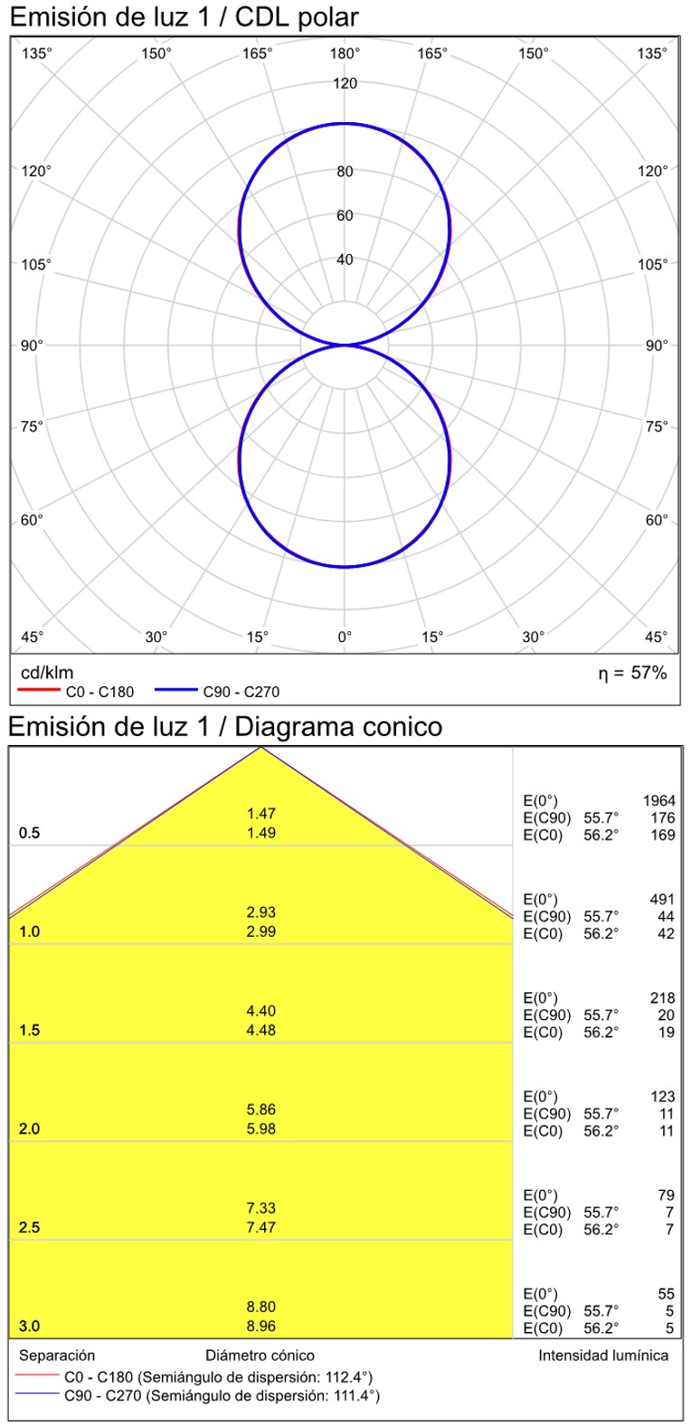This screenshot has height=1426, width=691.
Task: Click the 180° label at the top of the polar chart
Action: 345,54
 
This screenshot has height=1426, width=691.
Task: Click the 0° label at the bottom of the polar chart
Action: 345,637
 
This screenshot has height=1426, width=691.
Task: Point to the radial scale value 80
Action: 345,172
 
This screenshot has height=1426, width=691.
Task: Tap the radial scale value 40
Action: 345,260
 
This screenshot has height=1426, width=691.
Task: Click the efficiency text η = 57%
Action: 632,673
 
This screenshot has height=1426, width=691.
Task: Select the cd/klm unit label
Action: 46,673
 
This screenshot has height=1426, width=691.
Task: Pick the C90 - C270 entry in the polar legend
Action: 241,693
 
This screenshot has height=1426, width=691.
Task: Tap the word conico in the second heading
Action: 397,727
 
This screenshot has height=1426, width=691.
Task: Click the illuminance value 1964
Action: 658,801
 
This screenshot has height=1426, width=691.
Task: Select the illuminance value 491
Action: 662,900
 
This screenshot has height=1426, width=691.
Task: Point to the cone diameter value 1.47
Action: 261,814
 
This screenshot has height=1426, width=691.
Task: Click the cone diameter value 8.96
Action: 261,1327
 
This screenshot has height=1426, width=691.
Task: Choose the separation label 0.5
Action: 30,834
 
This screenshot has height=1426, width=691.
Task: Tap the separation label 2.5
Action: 30,1228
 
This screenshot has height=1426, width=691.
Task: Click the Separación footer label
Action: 57,1355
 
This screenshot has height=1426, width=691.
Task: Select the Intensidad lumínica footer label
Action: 603,1355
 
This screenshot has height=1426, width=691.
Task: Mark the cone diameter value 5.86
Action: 261,1110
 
